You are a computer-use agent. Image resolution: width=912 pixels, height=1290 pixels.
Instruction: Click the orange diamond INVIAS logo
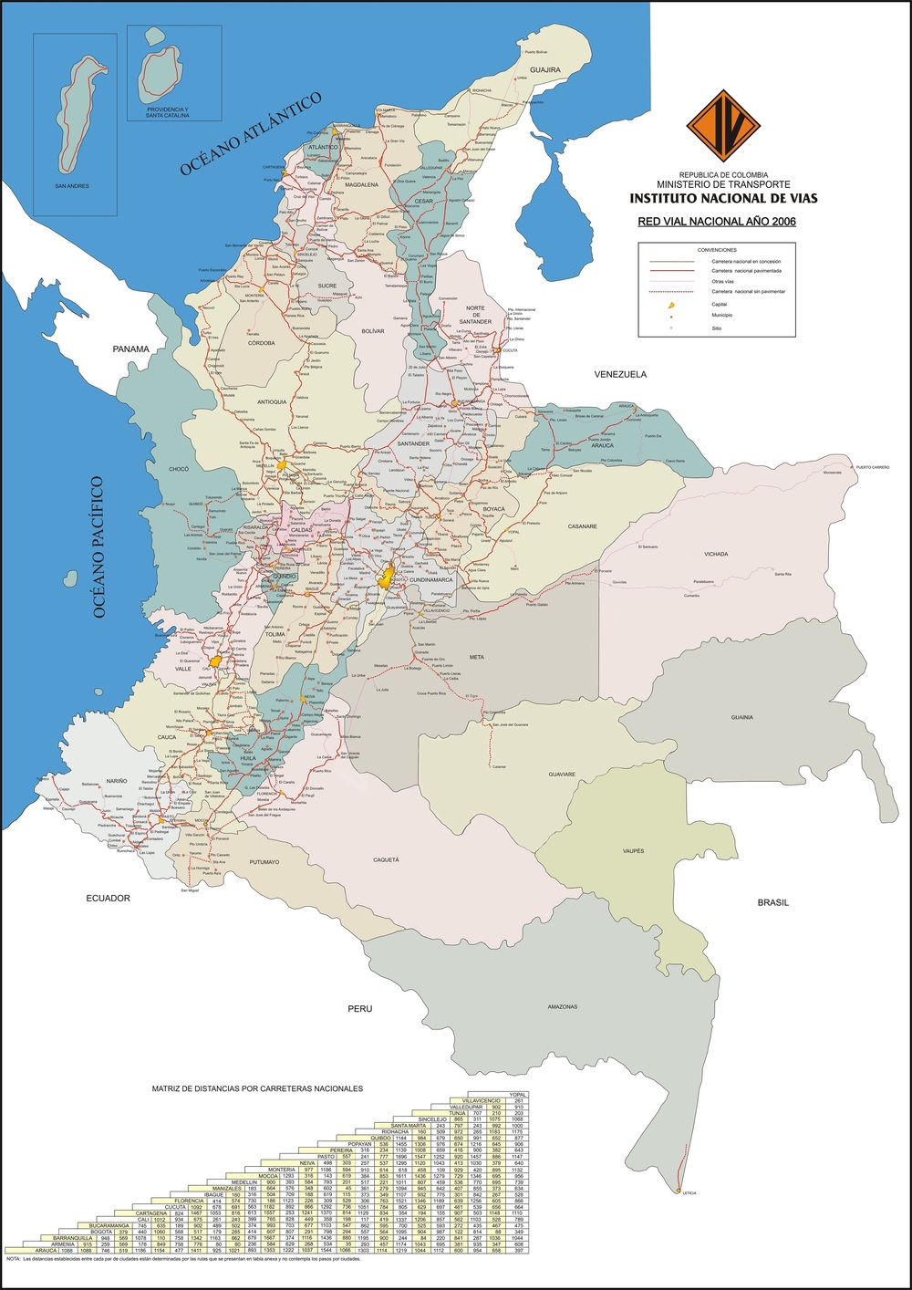click(x=723, y=126)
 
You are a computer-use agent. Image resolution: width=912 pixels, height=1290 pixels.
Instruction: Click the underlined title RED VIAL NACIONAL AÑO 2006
click(x=717, y=222)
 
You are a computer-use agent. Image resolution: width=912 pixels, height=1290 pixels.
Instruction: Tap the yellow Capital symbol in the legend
click(x=671, y=305)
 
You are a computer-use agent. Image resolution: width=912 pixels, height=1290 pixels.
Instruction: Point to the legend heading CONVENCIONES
click(x=717, y=249)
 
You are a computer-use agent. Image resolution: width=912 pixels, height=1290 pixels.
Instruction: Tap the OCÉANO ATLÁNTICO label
click(x=252, y=133)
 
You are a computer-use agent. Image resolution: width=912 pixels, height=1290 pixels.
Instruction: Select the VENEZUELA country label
click(x=620, y=375)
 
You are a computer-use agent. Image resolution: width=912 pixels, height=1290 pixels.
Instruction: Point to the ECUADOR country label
click(x=109, y=899)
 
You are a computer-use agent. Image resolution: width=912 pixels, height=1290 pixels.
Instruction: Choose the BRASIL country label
click(x=772, y=903)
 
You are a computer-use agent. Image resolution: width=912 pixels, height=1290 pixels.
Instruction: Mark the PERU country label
click(x=359, y=1009)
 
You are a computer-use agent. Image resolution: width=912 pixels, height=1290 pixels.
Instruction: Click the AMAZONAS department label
click(x=563, y=1007)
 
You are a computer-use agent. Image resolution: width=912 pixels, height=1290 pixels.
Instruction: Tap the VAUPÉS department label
click(x=633, y=851)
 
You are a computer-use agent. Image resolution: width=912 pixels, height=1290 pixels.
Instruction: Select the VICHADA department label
click(x=716, y=555)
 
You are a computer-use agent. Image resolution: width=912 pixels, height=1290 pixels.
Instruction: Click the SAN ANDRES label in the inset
click(x=72, y=186)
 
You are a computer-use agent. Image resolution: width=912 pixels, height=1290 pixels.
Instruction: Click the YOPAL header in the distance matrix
click(x=519, y=1094)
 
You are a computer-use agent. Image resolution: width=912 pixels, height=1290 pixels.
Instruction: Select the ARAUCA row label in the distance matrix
click(x=30, y=1250)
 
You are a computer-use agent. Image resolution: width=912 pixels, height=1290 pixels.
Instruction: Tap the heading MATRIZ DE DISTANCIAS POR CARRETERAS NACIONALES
click(x=257, y=1088)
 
